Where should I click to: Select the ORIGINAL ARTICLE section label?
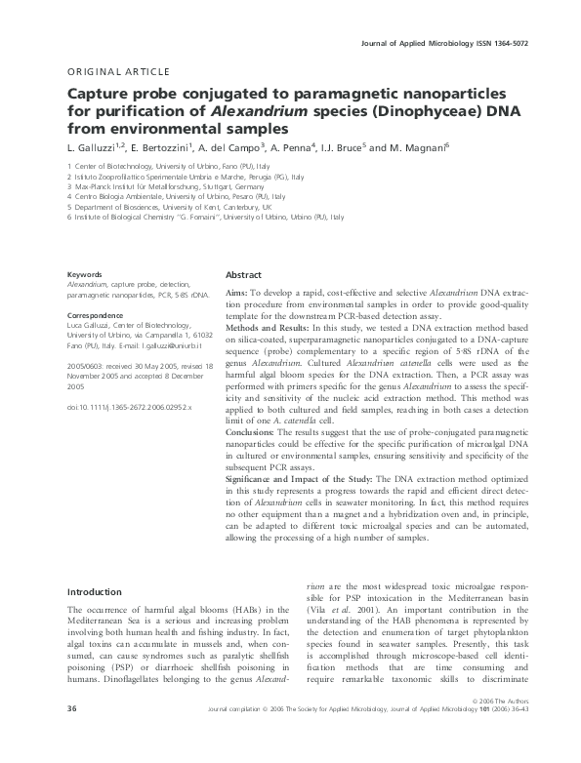(118, 72)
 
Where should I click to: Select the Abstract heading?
(244, 275)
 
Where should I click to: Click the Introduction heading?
(101, 591)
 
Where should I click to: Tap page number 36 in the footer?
(71, 733)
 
